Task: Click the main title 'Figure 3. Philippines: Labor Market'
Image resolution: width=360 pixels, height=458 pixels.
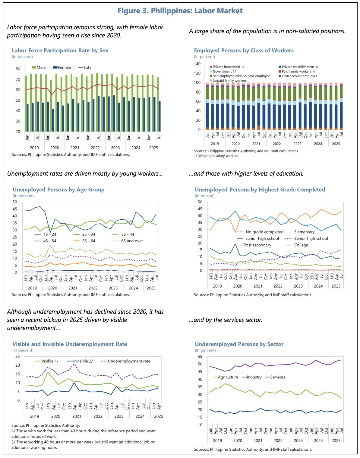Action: point(180,11)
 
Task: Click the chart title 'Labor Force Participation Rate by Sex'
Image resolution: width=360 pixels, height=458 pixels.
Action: point(60,50)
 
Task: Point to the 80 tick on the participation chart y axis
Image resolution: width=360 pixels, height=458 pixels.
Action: point(18,69)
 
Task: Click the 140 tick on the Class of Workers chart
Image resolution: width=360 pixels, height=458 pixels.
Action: point(197,64)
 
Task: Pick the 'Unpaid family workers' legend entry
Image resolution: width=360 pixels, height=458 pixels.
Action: point(229,81)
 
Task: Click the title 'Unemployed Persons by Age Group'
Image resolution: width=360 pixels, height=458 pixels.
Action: point(58,189)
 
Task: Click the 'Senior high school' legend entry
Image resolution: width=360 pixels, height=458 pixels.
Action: point(311,238)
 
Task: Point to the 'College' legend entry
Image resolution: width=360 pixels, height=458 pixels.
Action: point(301,245)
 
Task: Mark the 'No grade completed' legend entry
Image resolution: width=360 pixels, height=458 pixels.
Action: point(264,232)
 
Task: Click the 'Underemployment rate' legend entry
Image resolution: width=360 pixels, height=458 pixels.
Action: point(129,361)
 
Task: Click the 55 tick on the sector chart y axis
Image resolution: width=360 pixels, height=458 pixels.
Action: point(200,356)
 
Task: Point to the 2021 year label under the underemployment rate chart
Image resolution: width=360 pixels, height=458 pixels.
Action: point(77,416)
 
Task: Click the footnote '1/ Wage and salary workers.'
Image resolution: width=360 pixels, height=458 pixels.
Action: point(216,156)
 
